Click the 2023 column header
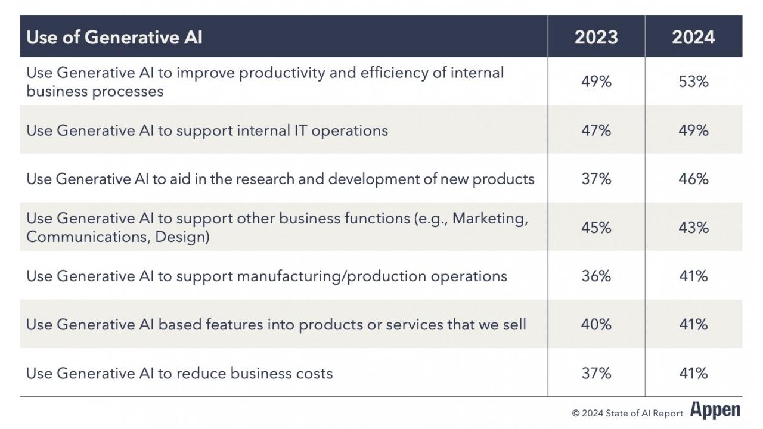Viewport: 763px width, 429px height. [596, 37]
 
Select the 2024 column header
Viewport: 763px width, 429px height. [693, 37]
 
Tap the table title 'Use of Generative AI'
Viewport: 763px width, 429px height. [114, 37]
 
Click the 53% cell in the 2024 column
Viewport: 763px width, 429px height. [693, 82]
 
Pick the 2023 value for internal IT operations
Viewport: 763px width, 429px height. [596, 130]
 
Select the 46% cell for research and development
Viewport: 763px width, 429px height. [693, 179]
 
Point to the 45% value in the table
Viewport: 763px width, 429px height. [596, 228]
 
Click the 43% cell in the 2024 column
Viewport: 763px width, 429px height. [693, 228]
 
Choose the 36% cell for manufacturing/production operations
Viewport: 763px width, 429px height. [596, 276]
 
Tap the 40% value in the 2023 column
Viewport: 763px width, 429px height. [596, 325]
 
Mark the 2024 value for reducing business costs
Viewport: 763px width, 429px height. [693, 374]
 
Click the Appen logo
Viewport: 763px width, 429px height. [715, 411]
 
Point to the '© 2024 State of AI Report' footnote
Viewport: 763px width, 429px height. [628, 414]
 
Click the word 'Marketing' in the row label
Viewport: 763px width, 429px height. [490, 219]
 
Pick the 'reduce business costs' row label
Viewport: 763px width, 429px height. [179, 374]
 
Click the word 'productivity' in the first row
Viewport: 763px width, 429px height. [282, 73]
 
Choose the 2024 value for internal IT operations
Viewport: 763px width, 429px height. [693, 130]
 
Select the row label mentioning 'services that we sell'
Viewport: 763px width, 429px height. [276, 325]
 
